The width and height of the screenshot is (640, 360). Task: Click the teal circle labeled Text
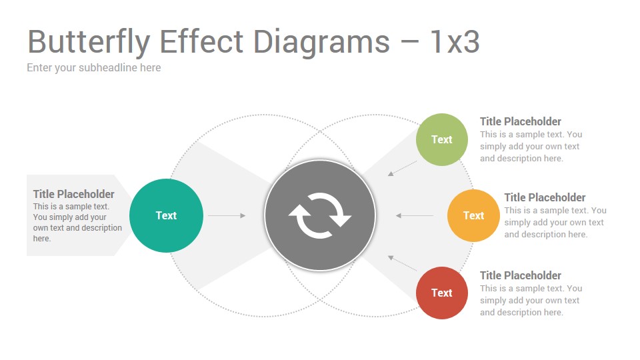point(166,215)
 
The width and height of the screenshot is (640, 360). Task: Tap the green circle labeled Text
point(441,139)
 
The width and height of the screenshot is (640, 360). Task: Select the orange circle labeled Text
point(473,215)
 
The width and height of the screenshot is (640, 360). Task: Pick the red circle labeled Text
point(441,293)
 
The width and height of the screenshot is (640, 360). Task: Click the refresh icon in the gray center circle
point(320,215)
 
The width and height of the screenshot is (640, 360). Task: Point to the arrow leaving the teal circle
point(227,215)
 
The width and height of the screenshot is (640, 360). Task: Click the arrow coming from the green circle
point(402,169)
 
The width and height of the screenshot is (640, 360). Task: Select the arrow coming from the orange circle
point(414,215)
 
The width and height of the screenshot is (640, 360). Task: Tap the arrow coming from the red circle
point(402,263)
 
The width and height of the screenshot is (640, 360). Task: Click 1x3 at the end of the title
point(455,41)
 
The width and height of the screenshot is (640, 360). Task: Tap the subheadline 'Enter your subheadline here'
point(94,68)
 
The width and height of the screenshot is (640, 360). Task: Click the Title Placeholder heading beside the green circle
point(521,121)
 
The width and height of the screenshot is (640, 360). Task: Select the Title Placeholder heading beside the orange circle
point(545,197)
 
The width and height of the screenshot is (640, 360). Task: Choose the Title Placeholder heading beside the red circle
point(521,275)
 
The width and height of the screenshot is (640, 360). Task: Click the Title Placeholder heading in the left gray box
point(73,194)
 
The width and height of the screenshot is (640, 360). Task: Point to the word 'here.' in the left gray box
point(42,239)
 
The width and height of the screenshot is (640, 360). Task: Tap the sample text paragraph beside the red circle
point(531,301)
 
